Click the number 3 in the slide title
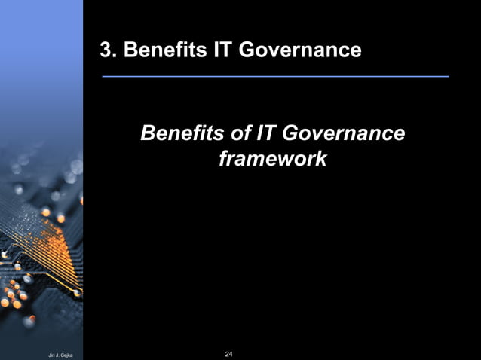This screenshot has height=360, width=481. pyautogui.click(x=106, y=50)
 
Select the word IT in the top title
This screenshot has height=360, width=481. pyautogui.click(x=205, y=50)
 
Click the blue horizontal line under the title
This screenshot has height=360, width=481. pyautogui.click(x=275, y=77)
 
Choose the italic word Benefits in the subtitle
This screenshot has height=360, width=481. pyautogui.click(x=182, y=134)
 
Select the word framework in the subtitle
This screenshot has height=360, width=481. pyautogui.click(x=272, y=159)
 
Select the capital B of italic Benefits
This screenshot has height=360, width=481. pyautogui.click(x=148, y=134)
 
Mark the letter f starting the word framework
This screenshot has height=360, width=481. pyautogui.click(x=222, y=159)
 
